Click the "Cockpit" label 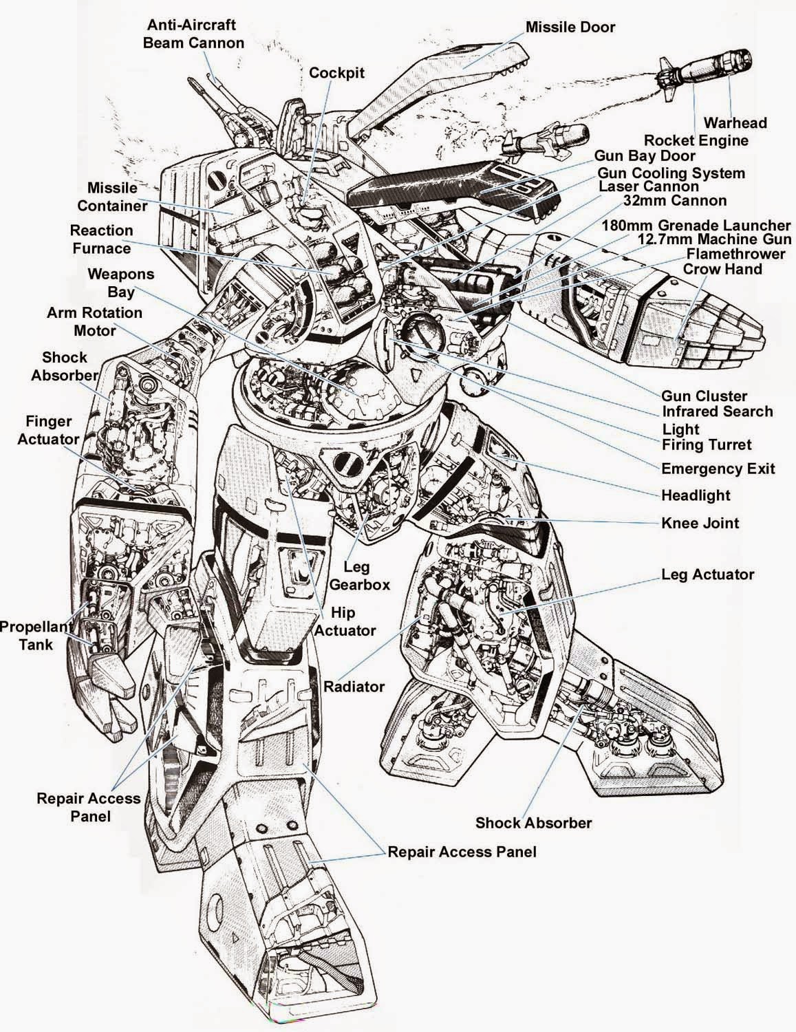pos(336,72)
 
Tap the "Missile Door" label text pos(570,27)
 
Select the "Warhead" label pos(734,123)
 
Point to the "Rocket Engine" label pos(696,140)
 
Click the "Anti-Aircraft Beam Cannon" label pos(193,34)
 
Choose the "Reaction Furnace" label pos(101,239)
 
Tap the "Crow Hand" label pos(722,269)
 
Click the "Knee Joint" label pos(700,523)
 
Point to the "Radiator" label pos(354,686)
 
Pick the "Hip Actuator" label pos(343,621)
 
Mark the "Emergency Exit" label pos(718,469)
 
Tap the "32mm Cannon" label pos(674,201)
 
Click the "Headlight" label pos(696,495)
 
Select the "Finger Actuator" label pos(53,430)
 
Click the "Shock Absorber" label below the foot pos(533,822)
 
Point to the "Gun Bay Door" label pos(645,157)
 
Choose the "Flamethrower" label pos(735,254)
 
